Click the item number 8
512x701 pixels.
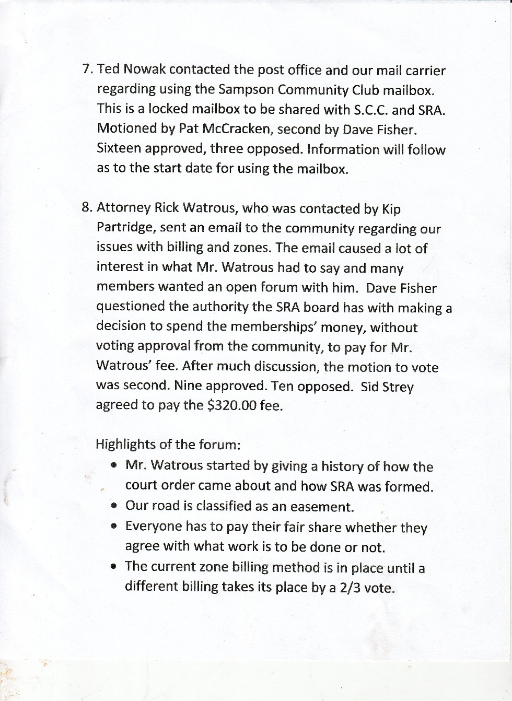pyautogui.click(x=86, y=207)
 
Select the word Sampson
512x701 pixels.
pyautogui.click(x=246, y=89)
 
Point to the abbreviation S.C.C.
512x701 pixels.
pyautogui.click(x=369, y=110)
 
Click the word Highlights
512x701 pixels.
pyautogui.click(x=125, y=445)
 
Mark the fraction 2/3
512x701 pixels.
pyautogui.click(x=350, y=587)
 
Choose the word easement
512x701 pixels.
pyautogui.click(x=326, y=507)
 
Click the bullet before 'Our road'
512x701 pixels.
pyautogui.click(x=114, y=506)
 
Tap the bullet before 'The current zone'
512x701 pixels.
pyautogui.click(x=114, y=566)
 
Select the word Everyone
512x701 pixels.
pyautogui.click(x=153, y=527)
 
